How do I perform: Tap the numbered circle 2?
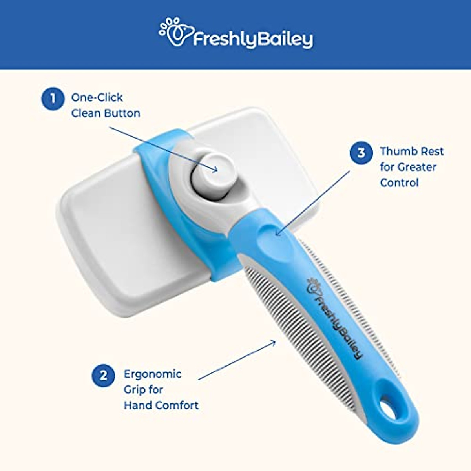[x=103, y=376]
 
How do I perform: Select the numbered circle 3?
[x=361, y=152]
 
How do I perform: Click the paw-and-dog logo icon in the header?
[x=175, y=32]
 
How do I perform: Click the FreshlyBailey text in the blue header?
[x=253, y=39]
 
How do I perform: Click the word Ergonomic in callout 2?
[x=153, y=374]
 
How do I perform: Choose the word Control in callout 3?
[x=399, y=183]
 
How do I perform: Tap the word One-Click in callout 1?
[x=97, y=98]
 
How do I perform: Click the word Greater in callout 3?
[x=417, y=167]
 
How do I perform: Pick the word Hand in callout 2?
[x=138, y=405]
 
